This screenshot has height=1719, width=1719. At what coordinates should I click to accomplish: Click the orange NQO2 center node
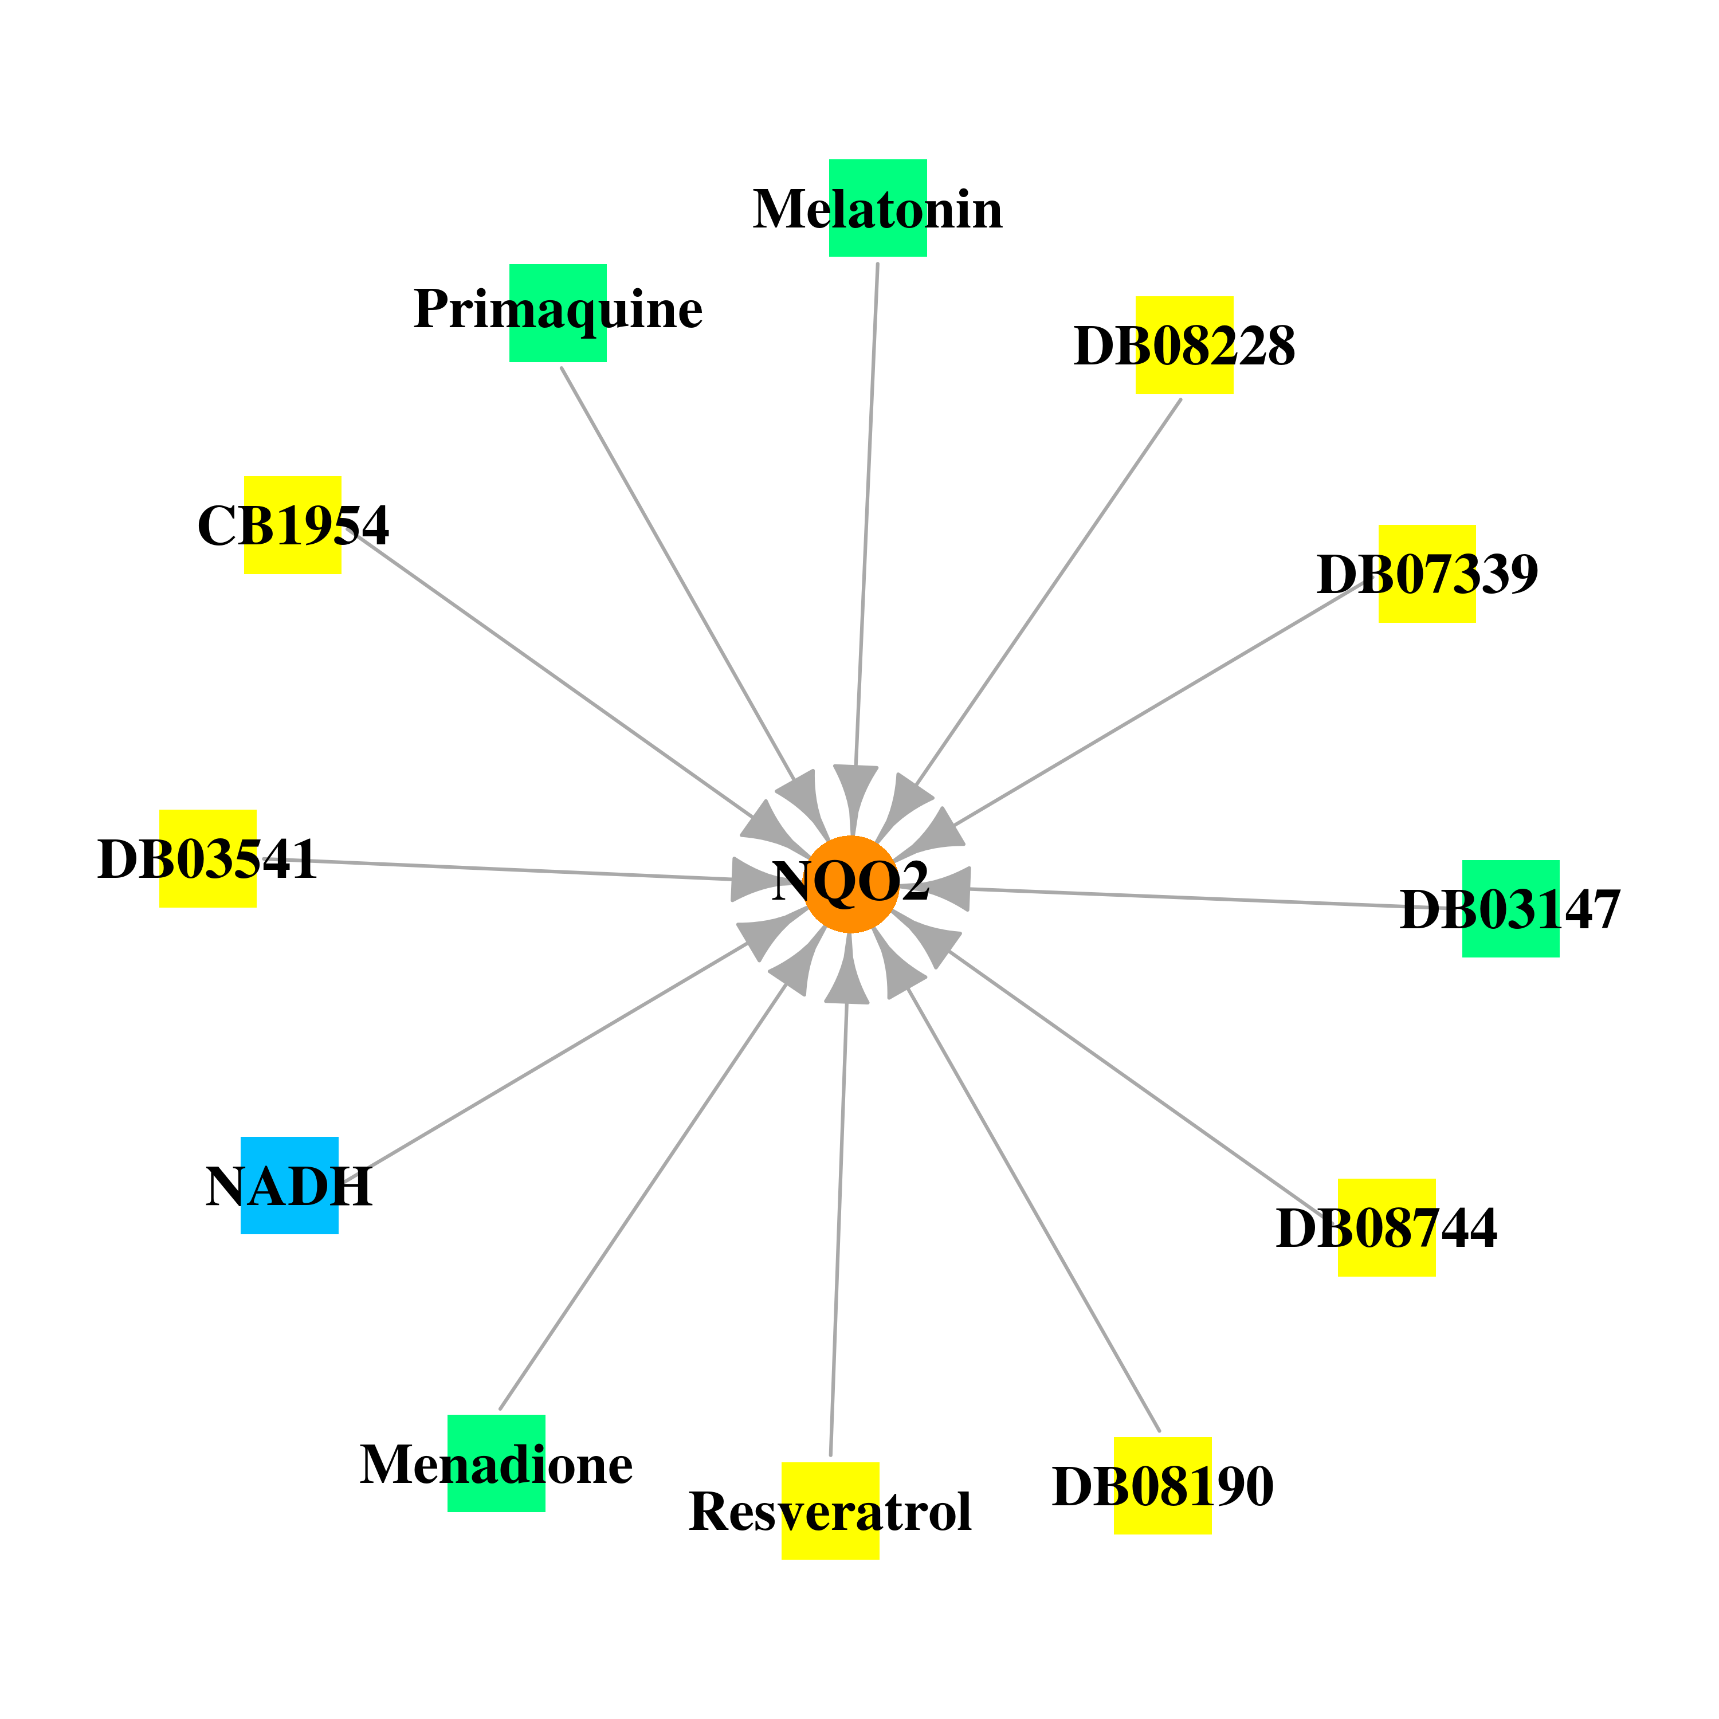pos(851,884)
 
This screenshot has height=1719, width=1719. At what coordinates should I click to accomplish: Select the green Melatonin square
pos(878,208)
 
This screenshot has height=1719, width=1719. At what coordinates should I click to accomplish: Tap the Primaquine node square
pos(558,313)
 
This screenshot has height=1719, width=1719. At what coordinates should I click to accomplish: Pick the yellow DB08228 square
pos(1184,345)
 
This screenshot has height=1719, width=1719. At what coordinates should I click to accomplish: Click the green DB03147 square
pos(1511,908)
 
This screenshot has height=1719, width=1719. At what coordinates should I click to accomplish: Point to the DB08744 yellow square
pos(1386,1228)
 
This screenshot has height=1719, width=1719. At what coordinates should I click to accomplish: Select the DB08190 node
pos(1162,1486)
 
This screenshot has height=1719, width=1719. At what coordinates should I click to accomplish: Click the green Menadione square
pos(496,1463)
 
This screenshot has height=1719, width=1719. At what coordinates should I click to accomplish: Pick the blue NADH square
pos(289,1185)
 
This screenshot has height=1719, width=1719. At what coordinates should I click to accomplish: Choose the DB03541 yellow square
pos(208,858)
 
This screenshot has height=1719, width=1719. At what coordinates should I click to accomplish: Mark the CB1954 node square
pos(293,525)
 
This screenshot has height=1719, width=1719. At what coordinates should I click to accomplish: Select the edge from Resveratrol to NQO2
pos(839,1229)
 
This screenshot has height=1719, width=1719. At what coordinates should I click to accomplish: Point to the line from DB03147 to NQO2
pos(1215,898)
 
